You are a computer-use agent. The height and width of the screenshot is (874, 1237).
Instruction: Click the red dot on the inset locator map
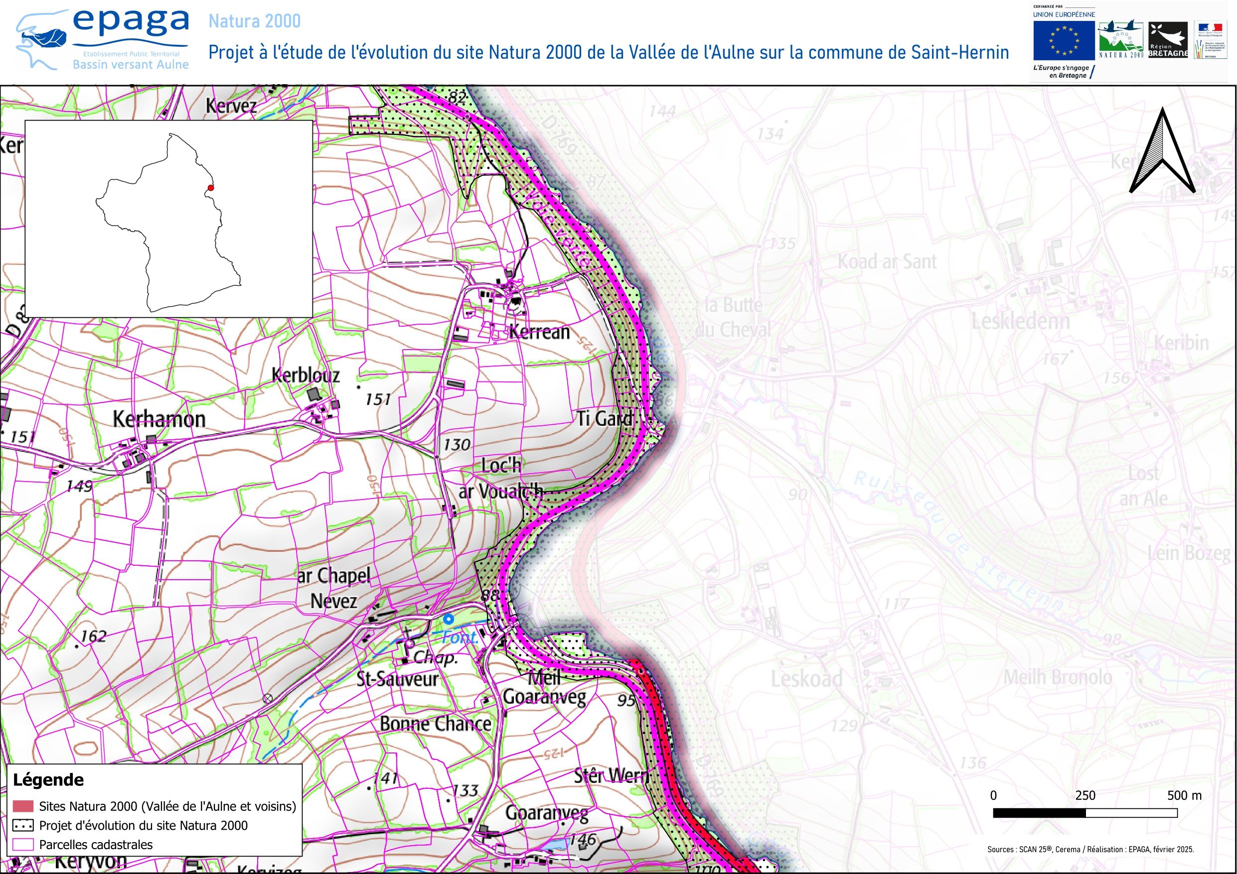coord(211,188)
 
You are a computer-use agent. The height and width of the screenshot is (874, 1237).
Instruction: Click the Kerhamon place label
coord(159,419)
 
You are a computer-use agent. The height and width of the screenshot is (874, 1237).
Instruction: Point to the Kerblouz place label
coord(306,375)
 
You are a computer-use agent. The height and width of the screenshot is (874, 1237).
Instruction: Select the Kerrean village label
coord(539,332)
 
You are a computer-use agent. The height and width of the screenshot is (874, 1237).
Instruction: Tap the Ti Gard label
coord(604,418)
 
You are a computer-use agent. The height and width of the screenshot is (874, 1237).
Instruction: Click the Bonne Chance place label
coord(435,724)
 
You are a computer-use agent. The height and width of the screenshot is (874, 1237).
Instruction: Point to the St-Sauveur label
coord(398,680)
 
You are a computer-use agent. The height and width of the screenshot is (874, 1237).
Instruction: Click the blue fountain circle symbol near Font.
coord(448,620)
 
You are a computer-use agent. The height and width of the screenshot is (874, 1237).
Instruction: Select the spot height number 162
coord(93,636)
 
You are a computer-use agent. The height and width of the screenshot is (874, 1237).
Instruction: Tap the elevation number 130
coord(457,445)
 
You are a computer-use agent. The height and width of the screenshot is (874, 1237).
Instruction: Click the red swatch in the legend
coord(23,806)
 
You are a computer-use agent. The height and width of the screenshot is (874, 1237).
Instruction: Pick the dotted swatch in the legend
coord(23,826)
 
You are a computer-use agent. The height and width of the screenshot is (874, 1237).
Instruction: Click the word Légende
coord(48,780)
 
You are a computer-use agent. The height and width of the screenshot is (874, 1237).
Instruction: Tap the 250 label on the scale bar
coord(1085,795)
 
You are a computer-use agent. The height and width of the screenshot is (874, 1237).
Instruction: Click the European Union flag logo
coord(1064,40)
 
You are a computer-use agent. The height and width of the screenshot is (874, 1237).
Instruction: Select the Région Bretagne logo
coord(1168,40)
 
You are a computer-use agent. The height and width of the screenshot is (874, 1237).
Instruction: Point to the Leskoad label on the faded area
coord(806,679)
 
